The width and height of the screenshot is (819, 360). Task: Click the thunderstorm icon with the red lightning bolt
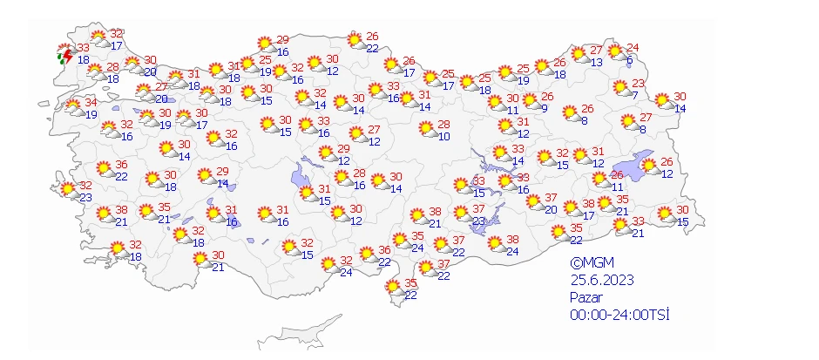(64, 58)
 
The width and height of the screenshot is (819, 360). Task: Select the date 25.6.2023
(602, 280)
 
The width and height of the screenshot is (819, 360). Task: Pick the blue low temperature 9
(544, 109)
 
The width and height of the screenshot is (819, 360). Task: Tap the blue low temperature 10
(443, 136)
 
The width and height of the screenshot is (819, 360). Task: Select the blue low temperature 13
(597, 62)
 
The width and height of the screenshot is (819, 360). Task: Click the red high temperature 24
(633, 47)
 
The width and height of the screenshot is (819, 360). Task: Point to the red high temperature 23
(639, 84)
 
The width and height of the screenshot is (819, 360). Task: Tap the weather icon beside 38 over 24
(495, 243)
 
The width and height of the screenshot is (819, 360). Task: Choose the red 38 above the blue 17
(588, 205)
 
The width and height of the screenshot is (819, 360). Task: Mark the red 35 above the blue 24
(417, 236)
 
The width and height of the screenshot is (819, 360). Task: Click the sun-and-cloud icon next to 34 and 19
(75, 108)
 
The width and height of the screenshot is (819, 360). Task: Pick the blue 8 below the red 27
(642, 130)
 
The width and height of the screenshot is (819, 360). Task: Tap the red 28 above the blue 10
(443, 125)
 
